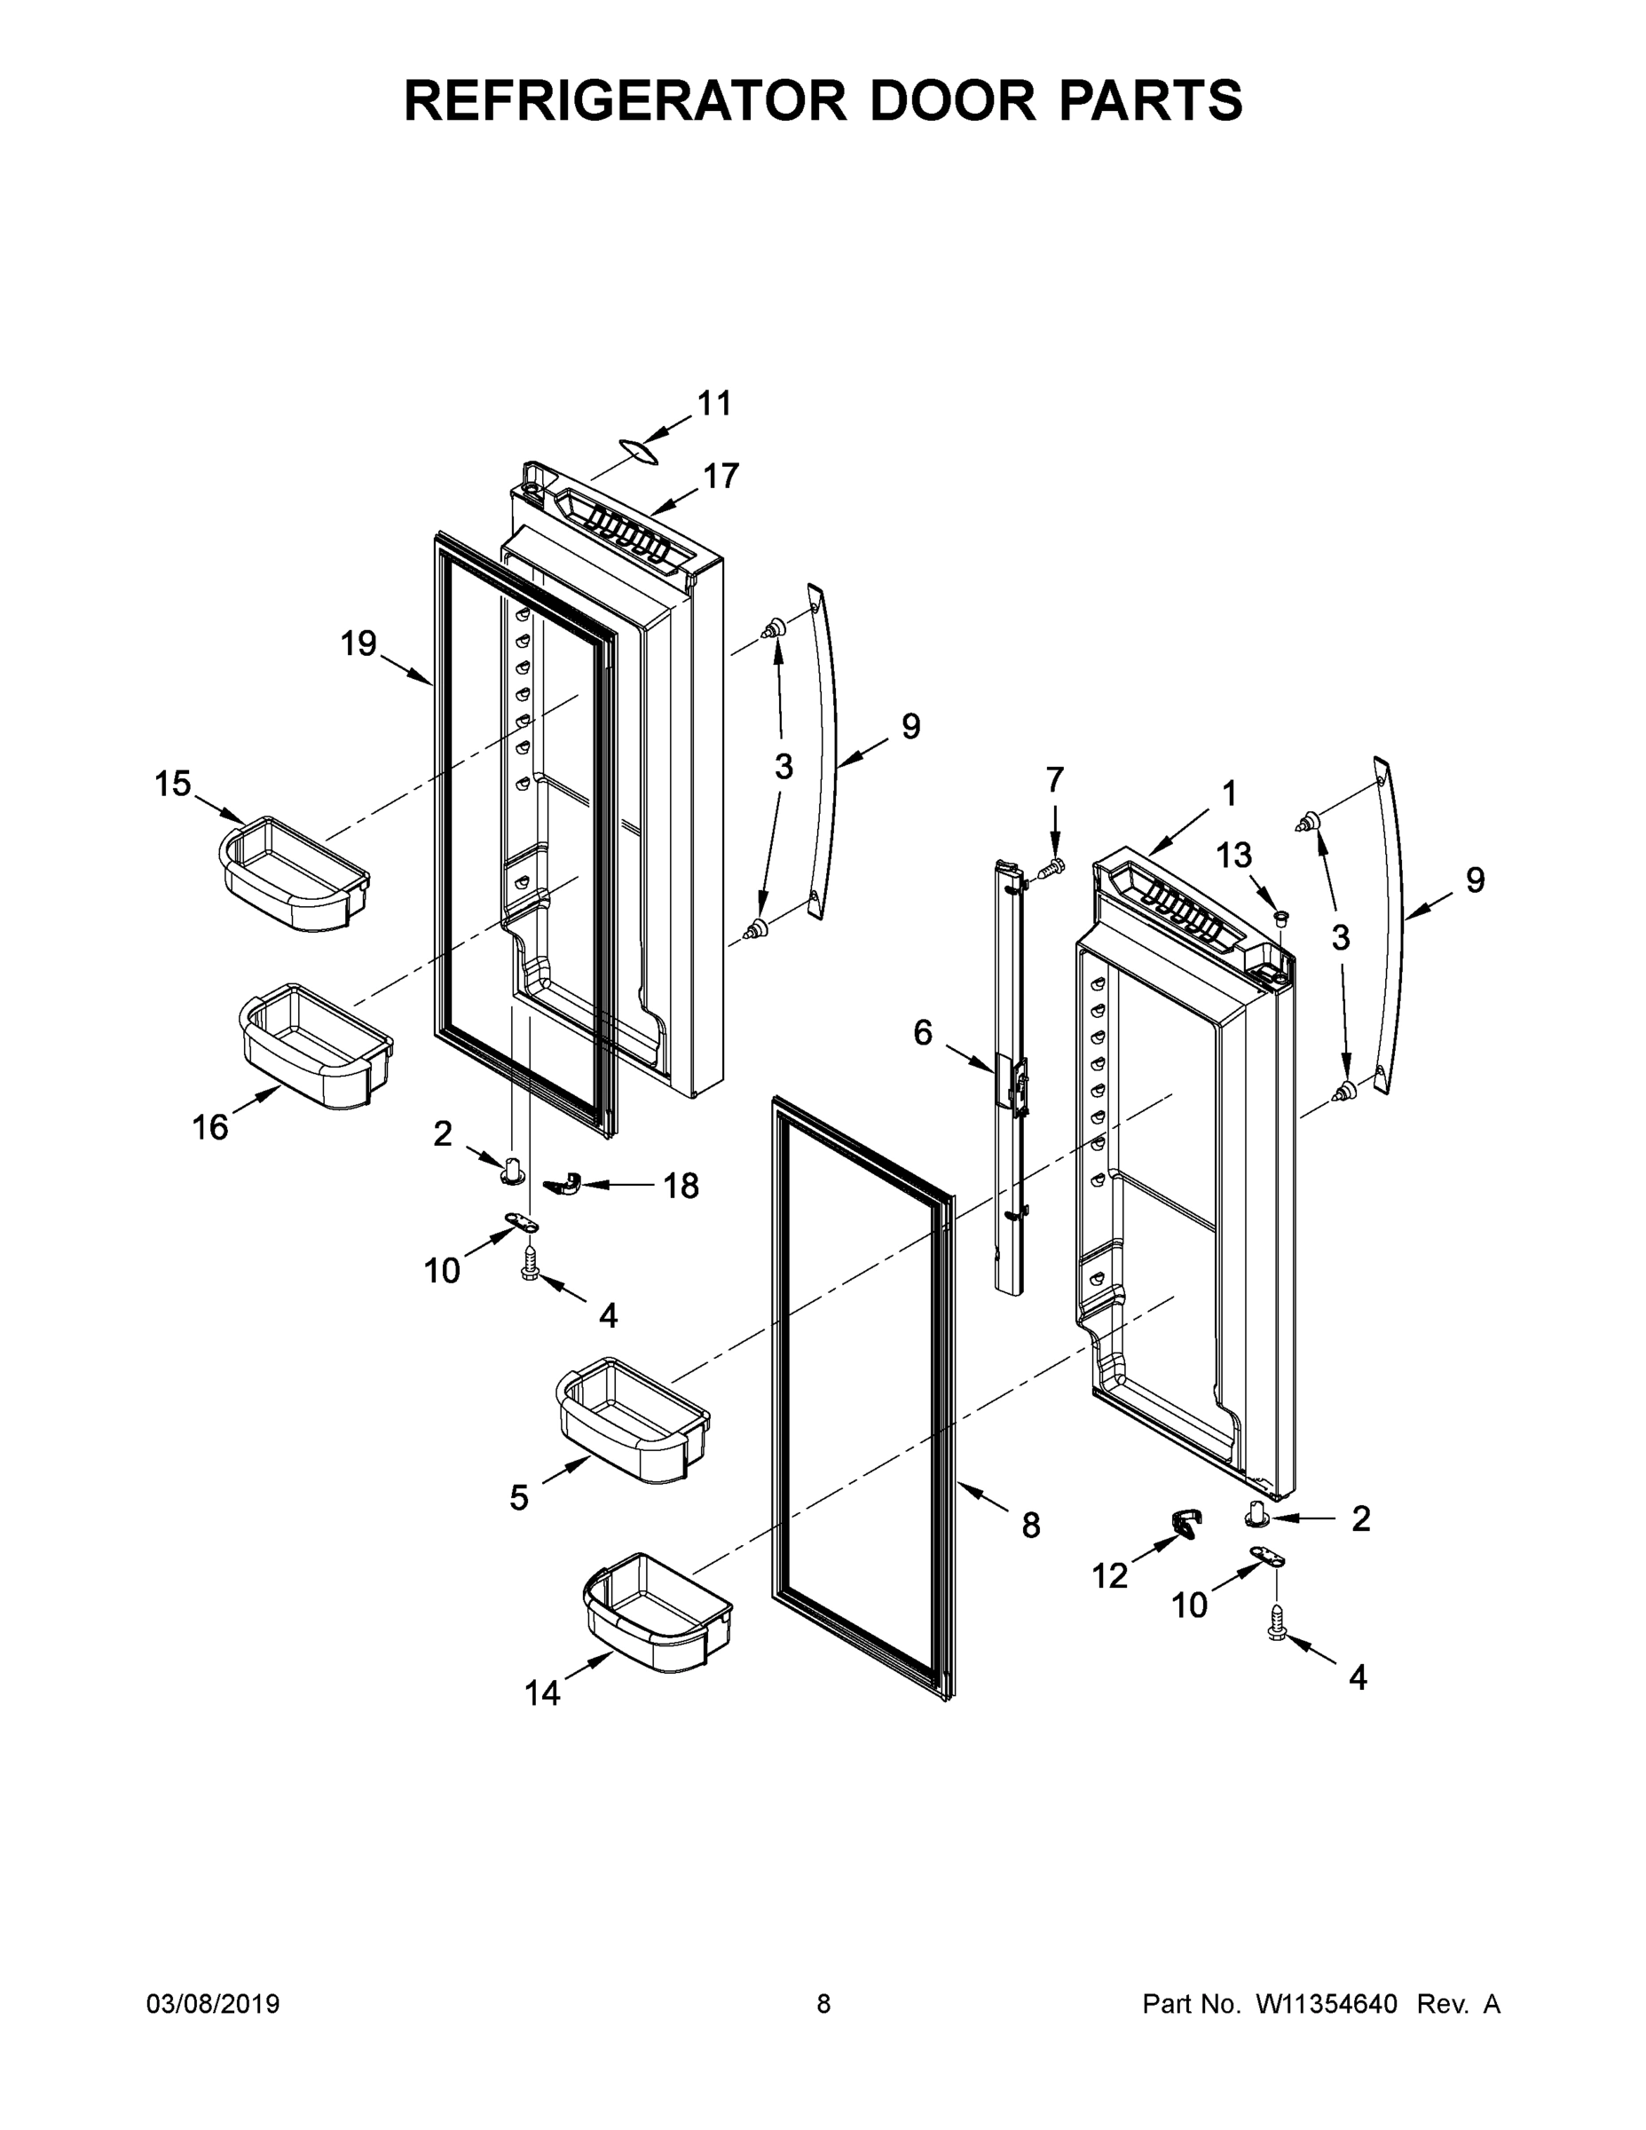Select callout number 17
721,476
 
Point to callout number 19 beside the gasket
358,643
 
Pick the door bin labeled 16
315,1046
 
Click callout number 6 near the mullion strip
923,1033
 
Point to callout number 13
1233,856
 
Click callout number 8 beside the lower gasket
1031,1526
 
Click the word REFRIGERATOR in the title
624,99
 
